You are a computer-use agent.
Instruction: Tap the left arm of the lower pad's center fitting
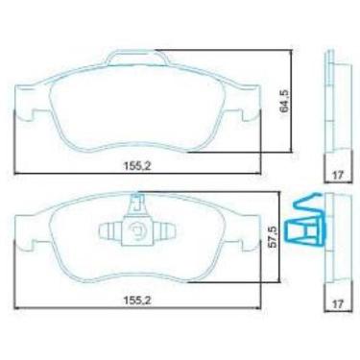click(110, 230)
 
